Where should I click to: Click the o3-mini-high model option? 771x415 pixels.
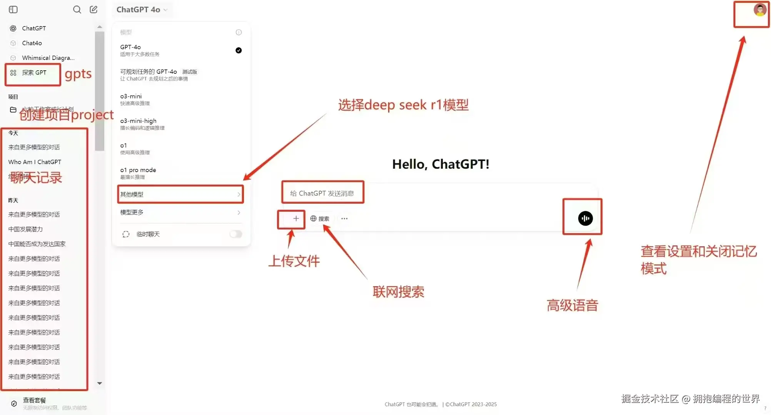pos(139,124)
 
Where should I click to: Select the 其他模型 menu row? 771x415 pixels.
pos(180,194)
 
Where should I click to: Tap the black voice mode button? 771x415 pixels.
pos(585,218)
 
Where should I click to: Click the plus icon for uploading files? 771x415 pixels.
pos(296,219)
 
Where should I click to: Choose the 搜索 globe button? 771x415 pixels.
pos(320,219)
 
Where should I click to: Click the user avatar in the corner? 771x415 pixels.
pos(759,10)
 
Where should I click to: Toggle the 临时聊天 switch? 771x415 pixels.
pos(235,234)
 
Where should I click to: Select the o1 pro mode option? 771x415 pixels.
pos(138,173)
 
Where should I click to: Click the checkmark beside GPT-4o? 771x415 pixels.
pos(239,50)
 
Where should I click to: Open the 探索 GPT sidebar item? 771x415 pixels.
pos(34,73)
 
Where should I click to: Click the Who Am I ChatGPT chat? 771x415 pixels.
pos(35,162)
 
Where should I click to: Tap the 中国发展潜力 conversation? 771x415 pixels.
pos(25,229)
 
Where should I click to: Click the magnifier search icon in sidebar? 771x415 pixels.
pos(77,10)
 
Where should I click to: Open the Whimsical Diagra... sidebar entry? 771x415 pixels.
pos(48,58)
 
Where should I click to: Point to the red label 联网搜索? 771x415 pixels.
pos(398,292)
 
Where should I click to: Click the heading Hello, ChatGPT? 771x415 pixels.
pos(441,164)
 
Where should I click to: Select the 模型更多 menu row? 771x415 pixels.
pos(180,212)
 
